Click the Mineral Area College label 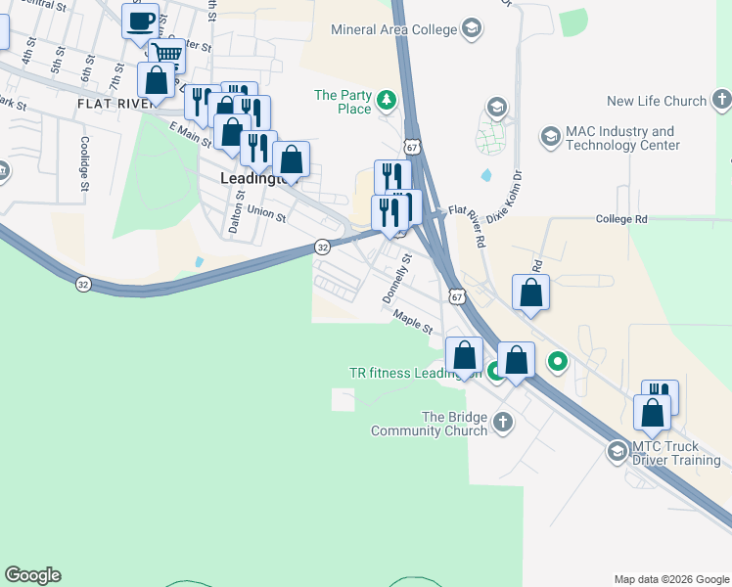tap(394, 29)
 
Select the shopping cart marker tap(167, 55)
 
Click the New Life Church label tap(656, 101)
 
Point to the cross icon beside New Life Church tap(721, 100)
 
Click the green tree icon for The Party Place tap(387, 99)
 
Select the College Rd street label tap(621, 220)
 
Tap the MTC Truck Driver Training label tap(675, 453)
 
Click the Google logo tap(32, 575)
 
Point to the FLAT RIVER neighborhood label tap(108, 103)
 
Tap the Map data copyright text tap(670, 579)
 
